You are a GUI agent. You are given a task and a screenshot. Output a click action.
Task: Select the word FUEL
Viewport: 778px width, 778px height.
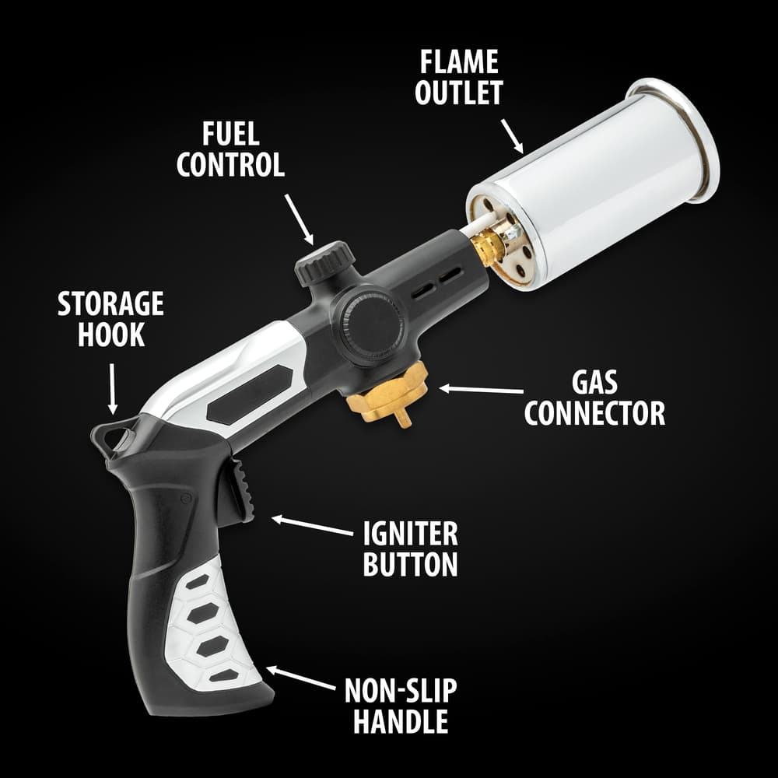tap(230, 134)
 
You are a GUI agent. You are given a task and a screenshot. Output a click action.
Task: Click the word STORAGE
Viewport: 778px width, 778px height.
tap(110, 303)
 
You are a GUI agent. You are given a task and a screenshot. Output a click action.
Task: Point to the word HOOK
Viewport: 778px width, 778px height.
tap(110, 335)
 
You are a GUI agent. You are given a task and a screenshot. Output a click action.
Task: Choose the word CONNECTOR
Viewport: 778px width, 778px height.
tap(594, 413)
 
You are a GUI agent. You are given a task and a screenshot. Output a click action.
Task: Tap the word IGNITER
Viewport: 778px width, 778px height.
tap(410, 534)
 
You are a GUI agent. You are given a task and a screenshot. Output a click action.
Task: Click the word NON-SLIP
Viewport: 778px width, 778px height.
tap(401, 691)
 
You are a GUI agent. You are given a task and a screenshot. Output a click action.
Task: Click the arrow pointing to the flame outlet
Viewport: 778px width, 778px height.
tap(512, 136)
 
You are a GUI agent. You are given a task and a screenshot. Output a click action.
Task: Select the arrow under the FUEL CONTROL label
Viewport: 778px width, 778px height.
tap(300, 219)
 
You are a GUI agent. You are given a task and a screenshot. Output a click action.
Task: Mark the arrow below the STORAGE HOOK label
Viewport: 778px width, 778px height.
tap(113, 389)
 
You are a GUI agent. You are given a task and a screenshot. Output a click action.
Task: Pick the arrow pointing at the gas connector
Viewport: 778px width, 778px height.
tap(481, 390)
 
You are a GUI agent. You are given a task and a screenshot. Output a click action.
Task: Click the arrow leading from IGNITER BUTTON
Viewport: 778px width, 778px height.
tap(312, 525)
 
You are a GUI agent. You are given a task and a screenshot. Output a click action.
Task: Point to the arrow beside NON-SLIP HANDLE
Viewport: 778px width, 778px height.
tap(300, 678)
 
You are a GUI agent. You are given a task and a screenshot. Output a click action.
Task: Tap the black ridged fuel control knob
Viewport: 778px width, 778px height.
tap(324, 262)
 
